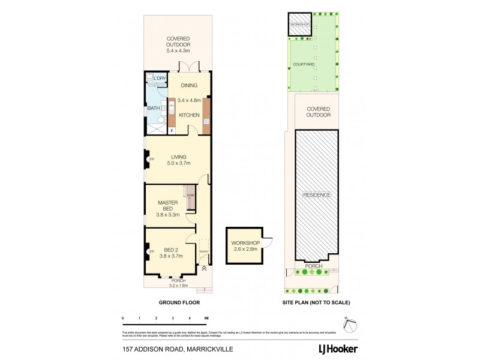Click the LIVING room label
tap(178, 157)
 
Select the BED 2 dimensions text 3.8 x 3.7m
tap(172, 256)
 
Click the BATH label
tap(154, 108)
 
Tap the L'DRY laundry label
tap(160, 79)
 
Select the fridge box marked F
tap(172, 130)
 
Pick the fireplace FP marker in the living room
tap(151, 159)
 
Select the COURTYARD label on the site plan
tap(304, 64)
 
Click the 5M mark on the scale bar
tap(206, 317)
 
